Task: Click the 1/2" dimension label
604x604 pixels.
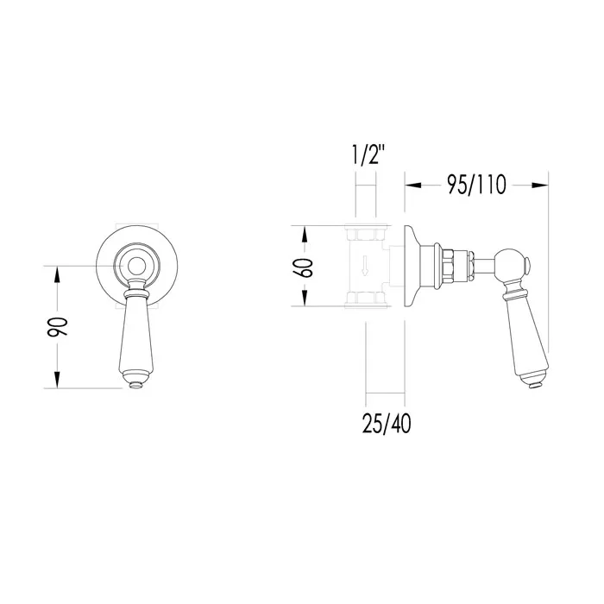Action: pyautogui.click(x=368, y=154)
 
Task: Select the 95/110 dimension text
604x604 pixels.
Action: pyautogui.click(x=476, y=185)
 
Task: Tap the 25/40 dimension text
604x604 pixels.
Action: pyautogui.click(x=387, y=424)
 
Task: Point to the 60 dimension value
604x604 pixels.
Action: pyautogui.click(x=303, y=267)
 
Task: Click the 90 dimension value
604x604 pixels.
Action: pyautogui.click(x=58, y=327)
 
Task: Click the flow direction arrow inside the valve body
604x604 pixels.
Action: pyautogui.click(x=364, y=268)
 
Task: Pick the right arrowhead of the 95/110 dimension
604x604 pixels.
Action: pyautogui.click(x=540, y=186)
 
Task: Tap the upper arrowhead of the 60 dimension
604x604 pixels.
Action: pyautogui.click(x=305, y=235)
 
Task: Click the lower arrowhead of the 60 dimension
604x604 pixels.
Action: pyautogui.click(x=305, y=298)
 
